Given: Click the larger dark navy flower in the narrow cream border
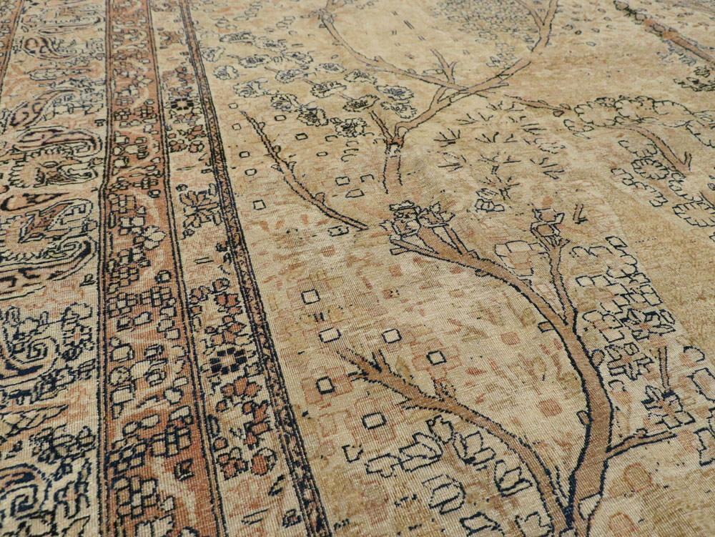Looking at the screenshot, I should click(x=227, y=358).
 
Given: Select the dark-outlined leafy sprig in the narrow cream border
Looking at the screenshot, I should click(x=199, y=207).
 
